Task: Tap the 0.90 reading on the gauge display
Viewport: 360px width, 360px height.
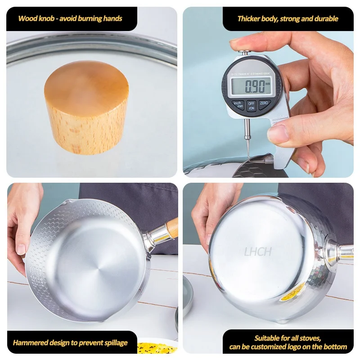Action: (252, 85)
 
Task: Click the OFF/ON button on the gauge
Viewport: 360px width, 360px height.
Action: (252, 105)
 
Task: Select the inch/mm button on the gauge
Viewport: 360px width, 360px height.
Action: (238, 105)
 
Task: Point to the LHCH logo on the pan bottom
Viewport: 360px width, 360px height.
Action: (258, 251)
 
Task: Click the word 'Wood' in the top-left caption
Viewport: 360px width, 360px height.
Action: (27, 19)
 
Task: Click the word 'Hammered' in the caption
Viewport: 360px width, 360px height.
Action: (30, 342)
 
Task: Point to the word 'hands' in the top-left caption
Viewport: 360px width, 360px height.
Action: (112, 19)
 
